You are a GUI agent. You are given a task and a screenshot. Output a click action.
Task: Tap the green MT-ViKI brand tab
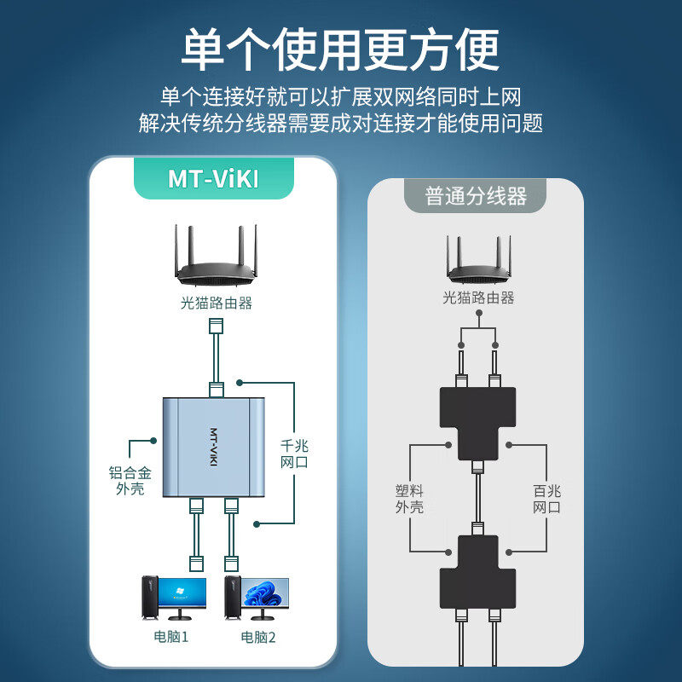tap(213, 179)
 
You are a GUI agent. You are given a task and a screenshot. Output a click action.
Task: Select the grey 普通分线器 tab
tap(476, 197)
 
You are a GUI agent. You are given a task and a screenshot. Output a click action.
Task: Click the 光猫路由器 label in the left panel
tap(217, 303)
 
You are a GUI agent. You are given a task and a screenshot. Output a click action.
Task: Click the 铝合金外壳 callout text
tap(130, 481)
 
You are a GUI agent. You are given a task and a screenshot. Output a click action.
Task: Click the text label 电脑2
tap(260, 637)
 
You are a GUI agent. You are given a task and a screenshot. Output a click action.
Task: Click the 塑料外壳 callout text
tap(409, 499)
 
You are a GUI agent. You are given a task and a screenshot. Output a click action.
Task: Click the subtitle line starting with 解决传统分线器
tap(341, 123)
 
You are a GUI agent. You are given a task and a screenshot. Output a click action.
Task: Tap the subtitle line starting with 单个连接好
tap(341, 95)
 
